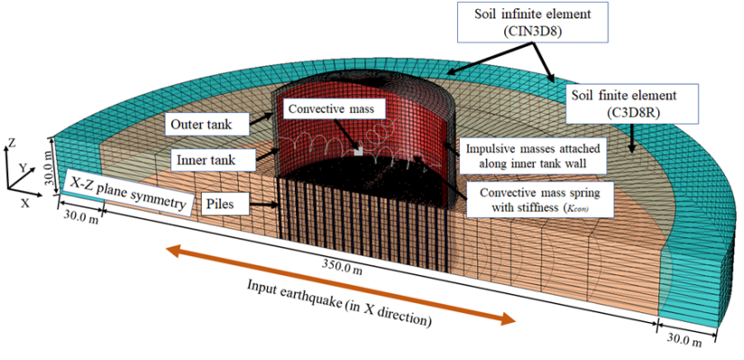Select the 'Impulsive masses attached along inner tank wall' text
pos(530,155)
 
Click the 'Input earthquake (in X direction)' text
pos(341,301)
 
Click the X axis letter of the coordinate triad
pos(11,200)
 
